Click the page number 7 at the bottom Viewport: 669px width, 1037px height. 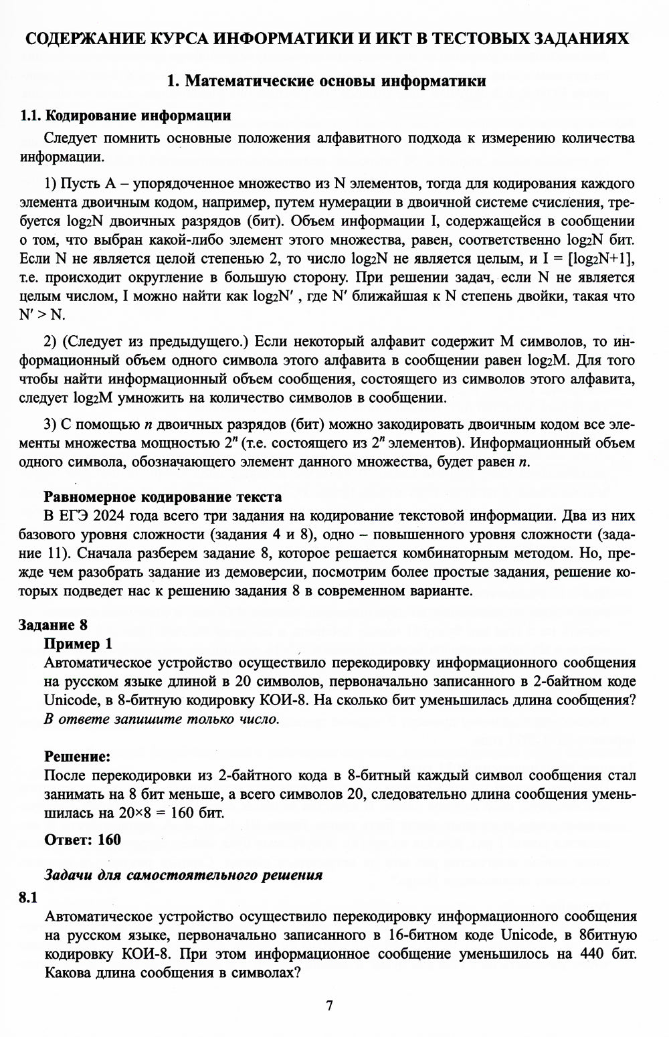point(328,1006)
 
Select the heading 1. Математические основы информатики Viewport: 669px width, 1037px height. point(326,82)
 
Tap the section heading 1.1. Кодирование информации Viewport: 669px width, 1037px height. point(126,116)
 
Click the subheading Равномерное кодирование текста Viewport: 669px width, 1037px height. point(163,497)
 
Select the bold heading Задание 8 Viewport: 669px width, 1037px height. point(54,625)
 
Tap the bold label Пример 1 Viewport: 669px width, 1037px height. point(78,644)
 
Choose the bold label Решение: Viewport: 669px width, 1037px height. point(77,757)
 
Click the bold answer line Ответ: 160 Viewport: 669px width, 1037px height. point(82,839)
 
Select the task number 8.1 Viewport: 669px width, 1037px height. point(27,898)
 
